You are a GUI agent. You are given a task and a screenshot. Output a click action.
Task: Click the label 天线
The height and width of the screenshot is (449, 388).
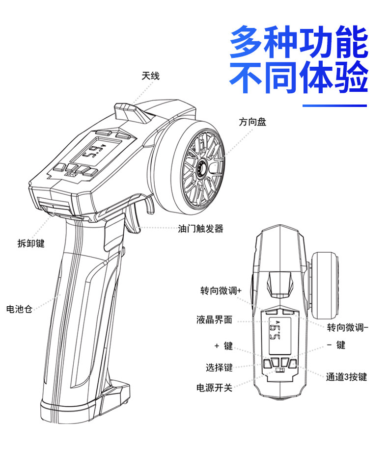click(150, 76)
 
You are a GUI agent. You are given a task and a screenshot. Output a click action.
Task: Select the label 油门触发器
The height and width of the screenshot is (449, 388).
click(200, 229)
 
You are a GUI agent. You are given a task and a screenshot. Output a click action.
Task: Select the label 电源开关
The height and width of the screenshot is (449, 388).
click(214, 388)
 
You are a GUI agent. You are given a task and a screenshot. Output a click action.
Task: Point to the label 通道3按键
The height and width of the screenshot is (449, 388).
click(346, 377)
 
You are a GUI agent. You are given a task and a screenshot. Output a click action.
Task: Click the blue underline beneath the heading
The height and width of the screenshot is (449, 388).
click(334, 106)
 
